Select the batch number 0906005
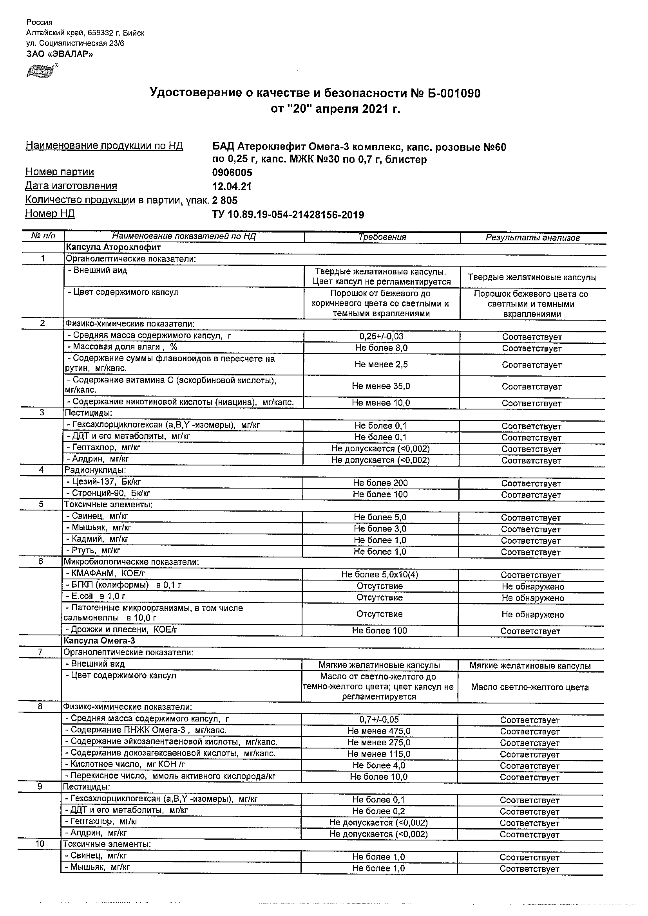coord(232,173)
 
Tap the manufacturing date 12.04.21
coord(232,186)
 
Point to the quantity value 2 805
coord(225,200)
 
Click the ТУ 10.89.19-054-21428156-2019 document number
coord(288,215)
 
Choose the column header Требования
coord(382,237)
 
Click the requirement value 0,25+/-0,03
coord(381,336)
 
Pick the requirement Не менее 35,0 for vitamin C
coord(381,386)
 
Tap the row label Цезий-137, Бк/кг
coord(104,482)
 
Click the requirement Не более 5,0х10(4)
coord(380,575)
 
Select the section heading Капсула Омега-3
coord(100,641)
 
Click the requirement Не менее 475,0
coord(379,731)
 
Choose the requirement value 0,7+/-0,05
coord(379,719)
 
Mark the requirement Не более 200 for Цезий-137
coord(380,483)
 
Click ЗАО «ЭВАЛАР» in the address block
coord(60,54)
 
